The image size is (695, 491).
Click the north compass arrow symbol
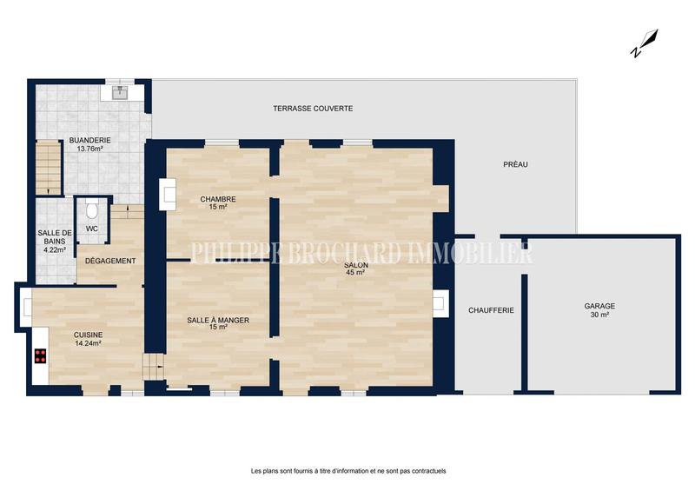(x=644, y=43)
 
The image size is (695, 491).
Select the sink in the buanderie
(x=116, y=90)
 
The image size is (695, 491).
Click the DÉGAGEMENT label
(x=110, y=261)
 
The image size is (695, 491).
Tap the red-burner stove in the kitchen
(x=40, y=355)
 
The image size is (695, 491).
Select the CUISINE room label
(x=88, y=335)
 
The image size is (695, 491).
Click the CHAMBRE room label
(x=217, y=199)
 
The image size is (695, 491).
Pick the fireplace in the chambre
(x=166, y=195)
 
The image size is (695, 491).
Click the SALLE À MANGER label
(x=218, y=321)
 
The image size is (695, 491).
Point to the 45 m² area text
(x=354, y=273)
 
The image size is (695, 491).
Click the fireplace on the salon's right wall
(x=440, y=302)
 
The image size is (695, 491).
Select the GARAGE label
(x=599, y=306)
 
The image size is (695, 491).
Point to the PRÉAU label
(x=515, y=164)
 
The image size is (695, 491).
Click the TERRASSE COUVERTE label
(x=312, y=108)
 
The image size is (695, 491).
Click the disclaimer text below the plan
(x=347, y=471)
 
